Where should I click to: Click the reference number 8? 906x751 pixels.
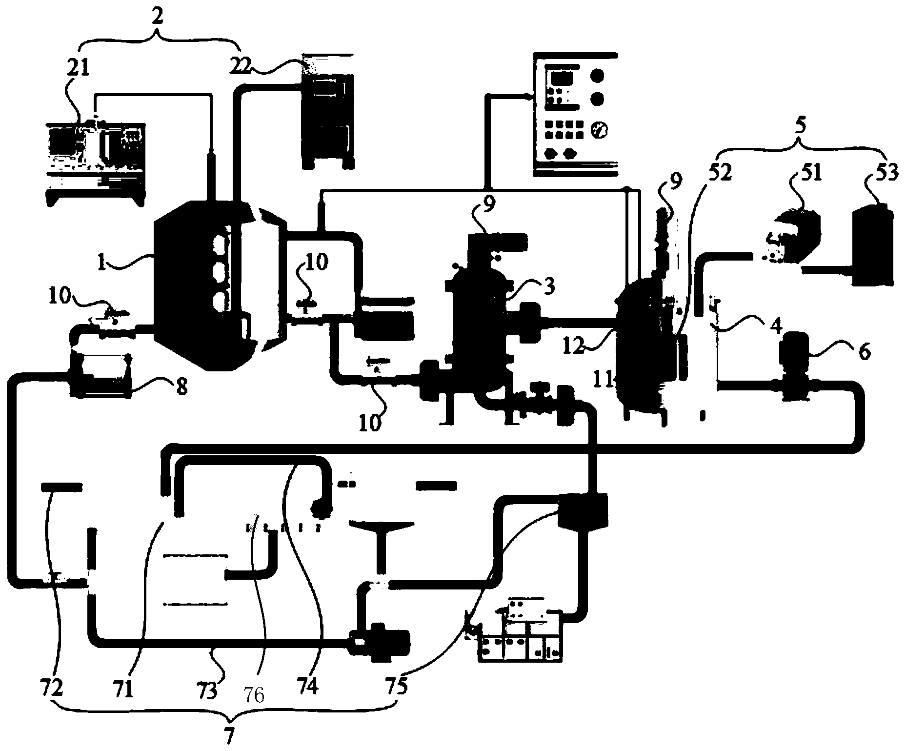181,389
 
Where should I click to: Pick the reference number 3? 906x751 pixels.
549,287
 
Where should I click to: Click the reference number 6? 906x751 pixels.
864,352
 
